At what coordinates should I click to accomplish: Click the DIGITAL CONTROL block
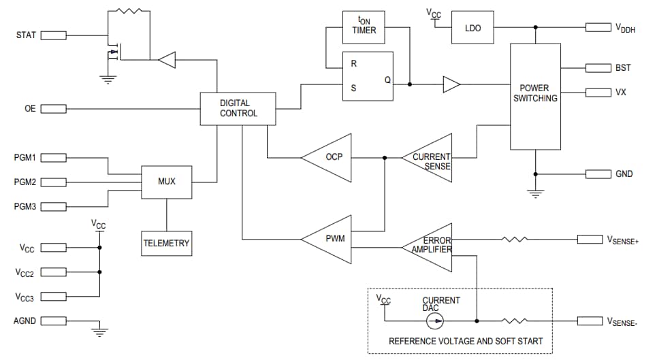(238, 109)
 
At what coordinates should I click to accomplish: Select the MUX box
(167, 182)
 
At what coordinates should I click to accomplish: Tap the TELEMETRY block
(167, 242)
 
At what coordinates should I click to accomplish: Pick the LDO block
(472, 27)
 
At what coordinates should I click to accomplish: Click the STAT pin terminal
(53, 35)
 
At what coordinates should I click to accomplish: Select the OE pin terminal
(53, 109)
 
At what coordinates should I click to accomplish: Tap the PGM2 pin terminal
(53, 182)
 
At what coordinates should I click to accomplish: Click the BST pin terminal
(598, 68)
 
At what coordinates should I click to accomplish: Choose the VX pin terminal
(598, 92)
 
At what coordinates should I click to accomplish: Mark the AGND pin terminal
(53, 321)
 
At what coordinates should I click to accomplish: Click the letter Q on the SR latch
(387, 79)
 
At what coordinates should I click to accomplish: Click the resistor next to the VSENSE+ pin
(515, 239)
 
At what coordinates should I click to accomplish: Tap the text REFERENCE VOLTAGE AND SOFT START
(466, 341)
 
